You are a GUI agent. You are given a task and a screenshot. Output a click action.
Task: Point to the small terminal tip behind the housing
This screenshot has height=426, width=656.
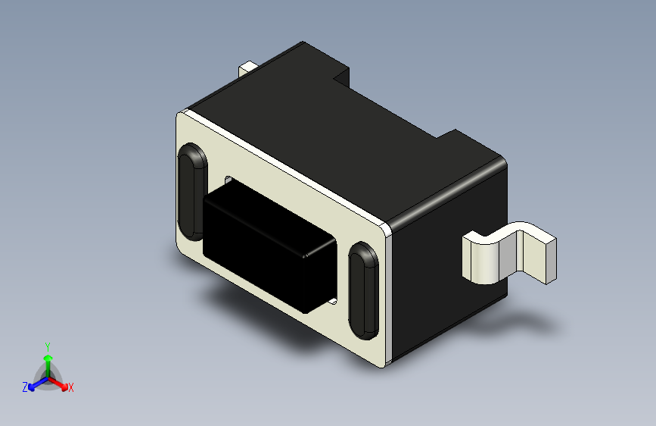click(247, 69)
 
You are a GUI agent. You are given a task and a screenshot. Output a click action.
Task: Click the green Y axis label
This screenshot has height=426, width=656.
click(47, 346)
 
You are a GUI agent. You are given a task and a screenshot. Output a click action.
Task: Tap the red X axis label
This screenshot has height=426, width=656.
click(71, 388)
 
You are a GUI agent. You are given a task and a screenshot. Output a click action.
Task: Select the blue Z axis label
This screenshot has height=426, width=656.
click(25, 387)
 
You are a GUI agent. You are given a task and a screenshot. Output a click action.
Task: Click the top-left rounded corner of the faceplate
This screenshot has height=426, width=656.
click(182, 116)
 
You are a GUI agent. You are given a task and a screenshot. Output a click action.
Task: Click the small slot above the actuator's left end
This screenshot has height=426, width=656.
click(227, 180)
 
